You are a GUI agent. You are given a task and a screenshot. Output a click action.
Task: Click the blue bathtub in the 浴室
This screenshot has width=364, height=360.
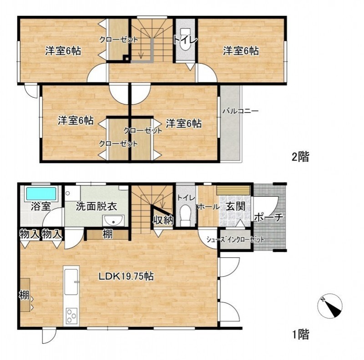click(41, 194)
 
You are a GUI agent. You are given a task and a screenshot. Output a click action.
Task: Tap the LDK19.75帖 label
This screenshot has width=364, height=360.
click(126, 276)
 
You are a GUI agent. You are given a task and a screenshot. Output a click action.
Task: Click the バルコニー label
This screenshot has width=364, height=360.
click(241, 111)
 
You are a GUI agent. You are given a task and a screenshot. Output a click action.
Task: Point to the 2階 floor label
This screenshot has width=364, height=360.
click(300, 157)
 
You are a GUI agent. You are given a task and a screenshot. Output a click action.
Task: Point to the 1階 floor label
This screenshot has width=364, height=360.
click(300, 335)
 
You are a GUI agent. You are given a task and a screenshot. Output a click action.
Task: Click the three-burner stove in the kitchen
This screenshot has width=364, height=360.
click(71, 316)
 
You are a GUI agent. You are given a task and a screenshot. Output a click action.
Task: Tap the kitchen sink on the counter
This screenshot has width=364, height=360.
click(71, 282)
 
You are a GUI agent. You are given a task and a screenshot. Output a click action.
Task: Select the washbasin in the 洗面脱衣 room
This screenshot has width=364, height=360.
click(113, 220)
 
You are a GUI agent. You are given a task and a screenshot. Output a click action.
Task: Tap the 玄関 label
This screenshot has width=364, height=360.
click(236, 206)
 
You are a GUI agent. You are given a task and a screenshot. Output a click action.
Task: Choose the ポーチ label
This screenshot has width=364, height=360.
click(269, 217)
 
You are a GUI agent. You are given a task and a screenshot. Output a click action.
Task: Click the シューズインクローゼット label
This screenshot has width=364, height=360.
click(235, 240)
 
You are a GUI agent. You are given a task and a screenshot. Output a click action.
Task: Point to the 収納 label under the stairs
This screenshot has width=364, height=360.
click(163, 220)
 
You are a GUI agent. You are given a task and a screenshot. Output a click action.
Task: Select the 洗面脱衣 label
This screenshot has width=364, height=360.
click(96, 206)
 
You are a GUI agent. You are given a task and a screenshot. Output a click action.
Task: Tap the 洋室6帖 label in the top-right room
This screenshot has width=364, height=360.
click(241, 51)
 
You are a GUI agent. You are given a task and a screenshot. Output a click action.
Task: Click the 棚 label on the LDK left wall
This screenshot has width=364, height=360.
click(24, 295)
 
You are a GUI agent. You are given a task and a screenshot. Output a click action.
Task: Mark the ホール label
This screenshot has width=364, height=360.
click(208, 207)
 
